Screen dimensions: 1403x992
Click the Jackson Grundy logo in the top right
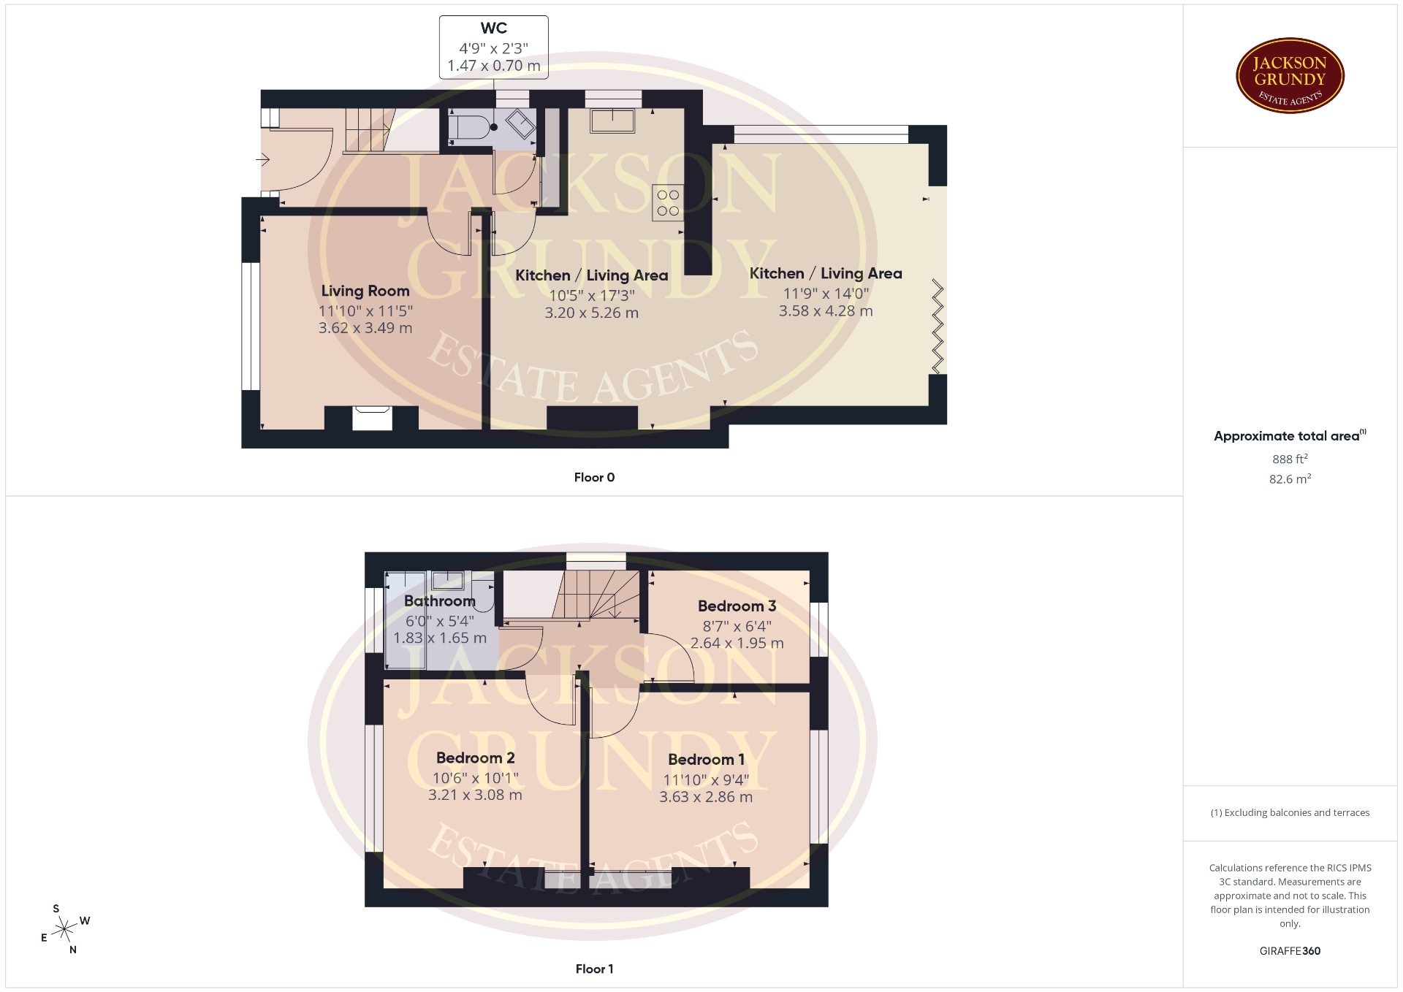1290,76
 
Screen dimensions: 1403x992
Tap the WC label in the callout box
494,28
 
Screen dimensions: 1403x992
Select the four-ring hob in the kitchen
668,202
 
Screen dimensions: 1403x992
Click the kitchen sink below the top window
612,121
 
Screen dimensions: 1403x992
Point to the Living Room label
365,291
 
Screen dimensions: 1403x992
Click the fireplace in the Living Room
372,419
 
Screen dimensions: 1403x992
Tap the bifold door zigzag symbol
938,326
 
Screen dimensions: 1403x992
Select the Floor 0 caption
594,478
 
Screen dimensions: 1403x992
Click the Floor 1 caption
594,969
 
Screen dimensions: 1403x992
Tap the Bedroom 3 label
737,606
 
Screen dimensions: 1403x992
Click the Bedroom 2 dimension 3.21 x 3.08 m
475,795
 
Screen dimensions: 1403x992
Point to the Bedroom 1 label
706,760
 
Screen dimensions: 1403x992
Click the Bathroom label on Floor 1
440,601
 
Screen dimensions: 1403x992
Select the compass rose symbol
66,929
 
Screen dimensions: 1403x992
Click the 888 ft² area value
1290,459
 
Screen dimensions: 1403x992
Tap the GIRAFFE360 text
1290,951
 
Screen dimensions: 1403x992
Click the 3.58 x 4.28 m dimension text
826,311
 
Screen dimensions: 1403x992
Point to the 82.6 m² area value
1290,479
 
